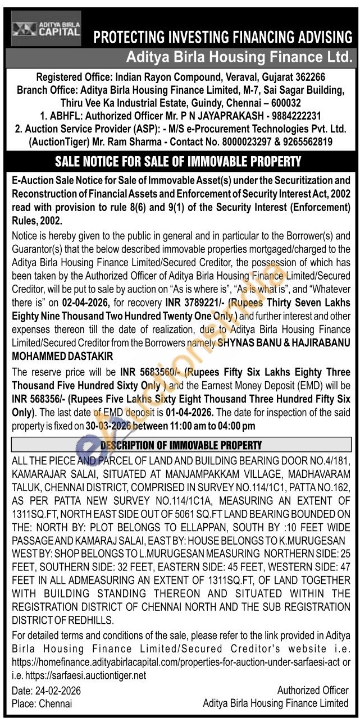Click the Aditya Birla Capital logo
tap(47, 29)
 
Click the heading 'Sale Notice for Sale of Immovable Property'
tap(178, 162)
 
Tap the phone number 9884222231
tap(289, 116)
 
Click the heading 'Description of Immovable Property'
tap(180, 445)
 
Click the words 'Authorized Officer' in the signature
tap(313, 690)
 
